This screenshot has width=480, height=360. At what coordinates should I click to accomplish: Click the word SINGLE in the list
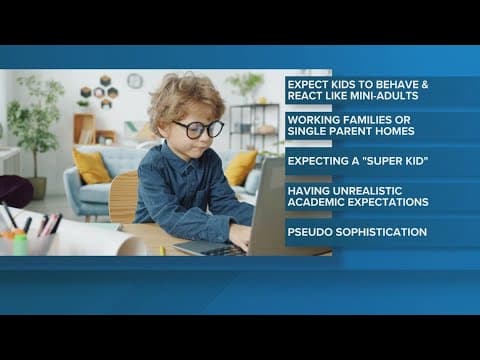click(311, 132)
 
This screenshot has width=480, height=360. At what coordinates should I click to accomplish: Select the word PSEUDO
click(313, 232)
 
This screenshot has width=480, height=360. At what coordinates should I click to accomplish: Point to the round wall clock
click(134, 81)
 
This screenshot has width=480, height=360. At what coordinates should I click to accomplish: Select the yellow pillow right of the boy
click(241, 167)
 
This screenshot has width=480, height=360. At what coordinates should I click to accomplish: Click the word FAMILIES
click(379, 120)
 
